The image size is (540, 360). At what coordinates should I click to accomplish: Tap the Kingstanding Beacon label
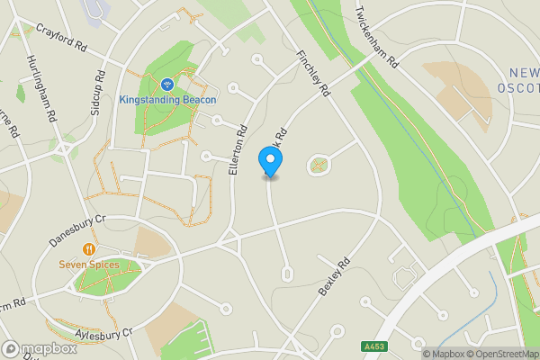coord(168,99)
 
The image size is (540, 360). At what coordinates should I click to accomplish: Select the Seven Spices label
coord(89,265)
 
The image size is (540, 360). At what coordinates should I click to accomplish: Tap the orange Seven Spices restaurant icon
coord(88,249)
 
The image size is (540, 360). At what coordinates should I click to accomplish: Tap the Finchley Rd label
coord(314,73)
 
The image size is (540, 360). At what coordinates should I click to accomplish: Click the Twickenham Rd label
coord(376,38)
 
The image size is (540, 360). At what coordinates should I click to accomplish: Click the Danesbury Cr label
coord(77,230)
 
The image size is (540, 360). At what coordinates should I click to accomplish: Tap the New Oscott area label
coord(517,78)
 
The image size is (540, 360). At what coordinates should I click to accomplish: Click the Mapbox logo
coord(39,348)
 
